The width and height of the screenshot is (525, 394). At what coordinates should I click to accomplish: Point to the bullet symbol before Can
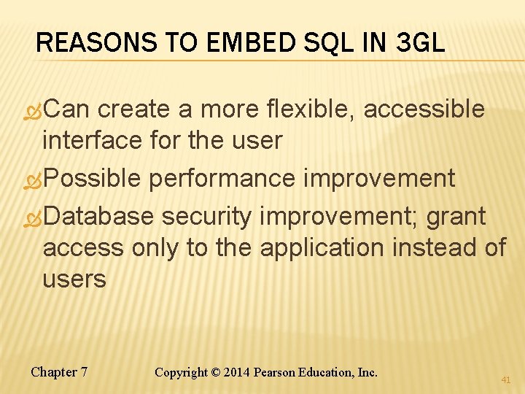pos(33,111)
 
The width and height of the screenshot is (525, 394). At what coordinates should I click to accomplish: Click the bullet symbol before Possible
pos(33,179)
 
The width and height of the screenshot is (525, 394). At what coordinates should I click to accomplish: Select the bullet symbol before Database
pos(33,217)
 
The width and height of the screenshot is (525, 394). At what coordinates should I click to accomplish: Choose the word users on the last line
pos(74,279)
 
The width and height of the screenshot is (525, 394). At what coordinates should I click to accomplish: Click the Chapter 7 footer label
pos(59,372)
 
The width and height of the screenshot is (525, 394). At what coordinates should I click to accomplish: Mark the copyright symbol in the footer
pos(216,373)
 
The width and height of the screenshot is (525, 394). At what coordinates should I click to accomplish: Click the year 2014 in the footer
pos(237,373)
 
